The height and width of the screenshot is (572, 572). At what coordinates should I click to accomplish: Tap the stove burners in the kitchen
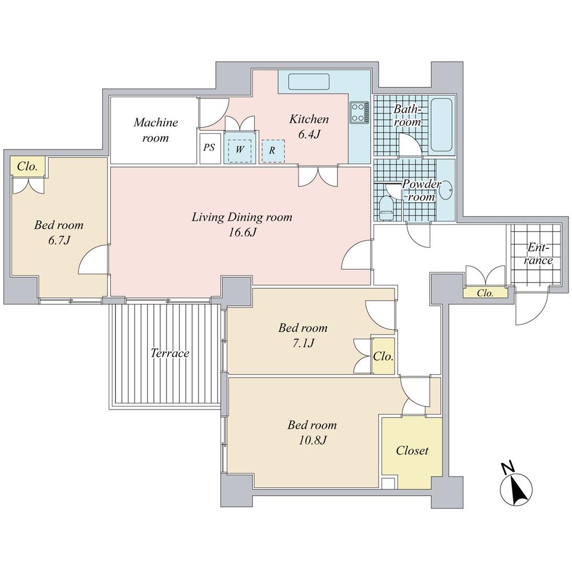[x=359, y=112]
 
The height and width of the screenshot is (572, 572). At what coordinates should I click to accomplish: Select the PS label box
[x=209, y=148]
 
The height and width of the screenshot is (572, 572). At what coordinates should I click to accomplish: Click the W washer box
[x=239, y=150]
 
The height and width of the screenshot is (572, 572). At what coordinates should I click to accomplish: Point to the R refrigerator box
[x=272, y=150]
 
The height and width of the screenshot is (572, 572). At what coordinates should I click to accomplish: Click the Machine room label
[x=156, y=130]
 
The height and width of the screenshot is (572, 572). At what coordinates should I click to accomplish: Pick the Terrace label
[x=170, y=353]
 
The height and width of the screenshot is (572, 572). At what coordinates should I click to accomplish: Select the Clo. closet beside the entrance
[x=485, y=293]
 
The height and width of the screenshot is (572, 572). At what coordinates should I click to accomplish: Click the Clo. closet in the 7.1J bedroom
[x=383, y=356]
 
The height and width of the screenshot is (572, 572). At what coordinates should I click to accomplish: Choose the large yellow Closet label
[x=412, y=451]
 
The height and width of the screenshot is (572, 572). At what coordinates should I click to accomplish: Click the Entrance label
[x=539, y=255]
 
